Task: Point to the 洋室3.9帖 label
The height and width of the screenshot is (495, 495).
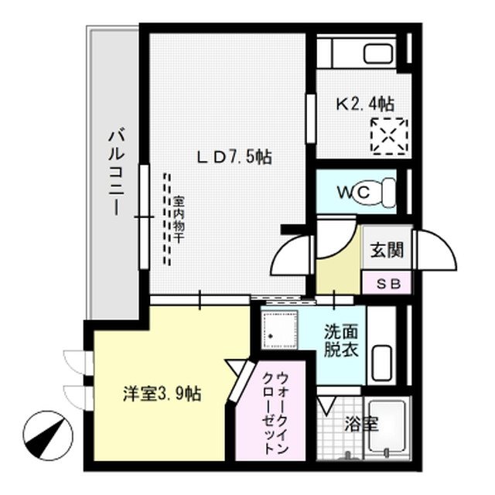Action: pos(162,393)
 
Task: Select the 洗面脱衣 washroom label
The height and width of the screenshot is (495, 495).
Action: pos(340,339)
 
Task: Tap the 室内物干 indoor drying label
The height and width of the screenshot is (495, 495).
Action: pos(179,218)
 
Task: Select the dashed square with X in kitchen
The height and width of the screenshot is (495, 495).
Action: pos(388,137)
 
